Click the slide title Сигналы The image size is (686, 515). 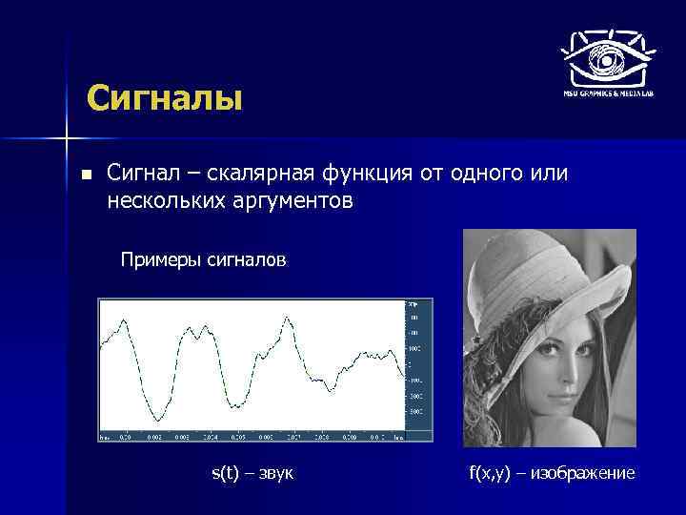[164, 97]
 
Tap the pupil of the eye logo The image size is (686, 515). [606, 58]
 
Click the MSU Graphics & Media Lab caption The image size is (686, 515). [606, 93]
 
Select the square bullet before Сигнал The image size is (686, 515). [87, 175]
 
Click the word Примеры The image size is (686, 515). [160, 259]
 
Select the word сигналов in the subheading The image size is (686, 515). [246, 259]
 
